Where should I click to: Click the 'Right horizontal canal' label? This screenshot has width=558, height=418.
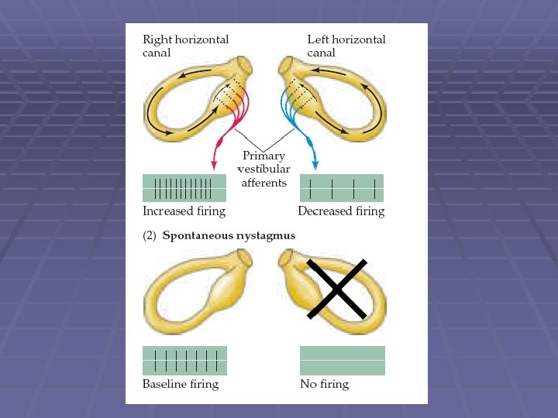(x=185, y=46)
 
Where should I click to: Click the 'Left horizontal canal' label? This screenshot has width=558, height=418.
(x=346, y=46)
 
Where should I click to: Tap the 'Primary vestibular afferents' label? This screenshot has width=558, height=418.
(x=263, y=170)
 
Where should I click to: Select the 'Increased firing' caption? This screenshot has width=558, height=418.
(x=184, y=211)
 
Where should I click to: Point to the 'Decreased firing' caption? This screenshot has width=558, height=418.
(x=341, y=211)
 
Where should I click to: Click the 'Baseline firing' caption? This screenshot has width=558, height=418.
(x=181, y=384)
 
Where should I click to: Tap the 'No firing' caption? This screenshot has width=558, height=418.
(x=324, y=384)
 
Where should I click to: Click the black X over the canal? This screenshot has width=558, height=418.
(x=336, y=288)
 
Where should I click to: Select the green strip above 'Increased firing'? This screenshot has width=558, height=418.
(x=184, y=187)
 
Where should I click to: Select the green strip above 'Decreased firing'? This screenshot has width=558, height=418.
(x=341, y=188)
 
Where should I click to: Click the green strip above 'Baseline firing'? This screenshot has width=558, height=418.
(x=184, y=361)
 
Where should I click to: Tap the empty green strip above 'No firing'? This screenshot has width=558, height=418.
(x=342, y=361)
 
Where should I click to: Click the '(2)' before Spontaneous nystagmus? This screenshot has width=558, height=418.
(x=150, y=235)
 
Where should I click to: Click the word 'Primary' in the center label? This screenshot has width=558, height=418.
(x=263, y=156)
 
